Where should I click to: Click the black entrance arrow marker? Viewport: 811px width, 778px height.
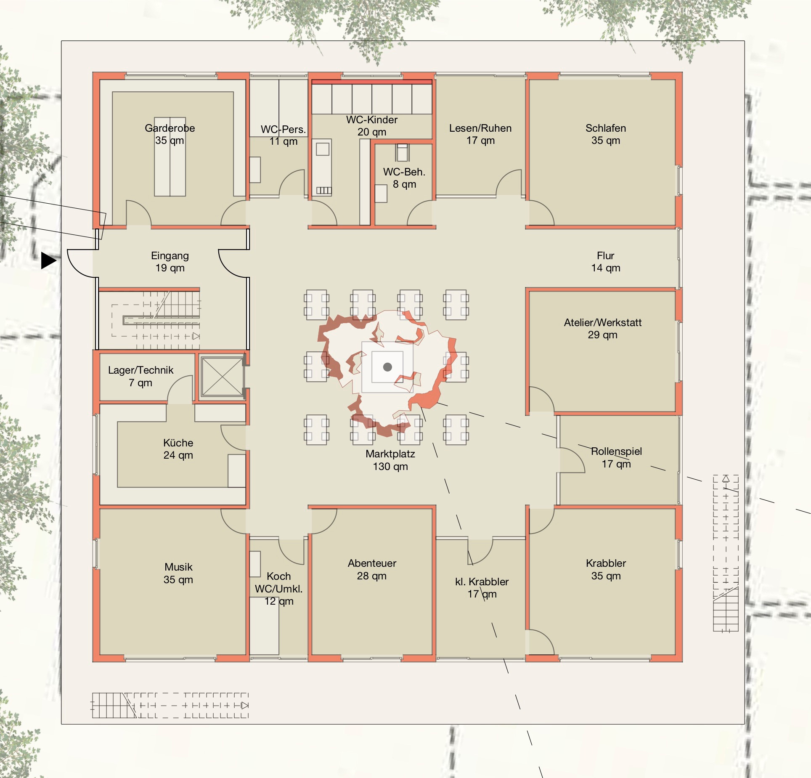tap(48, 260)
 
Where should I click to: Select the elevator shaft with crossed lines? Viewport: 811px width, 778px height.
tap(222, 377)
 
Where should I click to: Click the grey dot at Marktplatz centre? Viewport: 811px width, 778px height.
tap(387, 367)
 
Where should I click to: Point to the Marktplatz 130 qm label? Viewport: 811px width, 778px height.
tap(390, 460)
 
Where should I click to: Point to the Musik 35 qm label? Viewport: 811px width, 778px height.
tap(178, 573)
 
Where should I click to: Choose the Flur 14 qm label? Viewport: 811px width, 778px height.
tap(606, 262)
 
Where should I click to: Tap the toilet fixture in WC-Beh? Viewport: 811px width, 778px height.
tap(402, 152)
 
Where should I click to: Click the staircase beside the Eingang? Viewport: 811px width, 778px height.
tap(156, 320)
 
